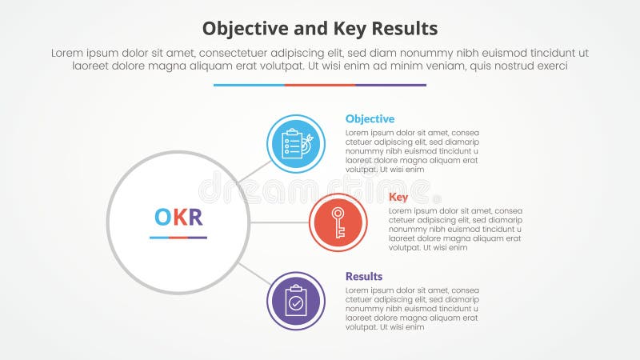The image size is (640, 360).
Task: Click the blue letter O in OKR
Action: tap(162, 218)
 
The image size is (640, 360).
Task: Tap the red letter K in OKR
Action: tap(179, 218)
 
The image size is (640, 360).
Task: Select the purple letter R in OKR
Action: tap(195, 218)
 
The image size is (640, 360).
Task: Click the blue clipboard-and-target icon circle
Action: tap(295, 144)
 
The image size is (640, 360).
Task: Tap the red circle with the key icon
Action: tap(338, 222)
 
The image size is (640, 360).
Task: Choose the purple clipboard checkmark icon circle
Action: tap(295, 301)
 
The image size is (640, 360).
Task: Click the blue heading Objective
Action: tap(370, 119)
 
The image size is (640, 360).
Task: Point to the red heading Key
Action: tap(398, 198)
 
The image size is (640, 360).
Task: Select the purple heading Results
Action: tap(364, 276)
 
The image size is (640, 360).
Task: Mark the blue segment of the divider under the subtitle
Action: tap(249, 85)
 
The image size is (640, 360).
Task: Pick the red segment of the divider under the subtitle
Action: tap(320, 85)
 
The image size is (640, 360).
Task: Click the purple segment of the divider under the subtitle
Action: tap(390, 85)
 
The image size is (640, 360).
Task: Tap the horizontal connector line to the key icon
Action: tap(279, 222)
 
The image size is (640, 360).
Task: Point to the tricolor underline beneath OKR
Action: tap(178, 238)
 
